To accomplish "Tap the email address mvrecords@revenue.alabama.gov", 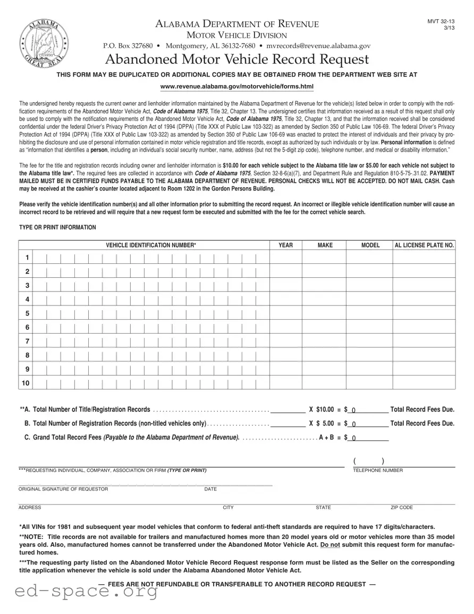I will pyautogui.click(x=318, y=46).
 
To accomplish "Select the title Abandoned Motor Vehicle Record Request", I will pyautogui.click(x=237, y=59).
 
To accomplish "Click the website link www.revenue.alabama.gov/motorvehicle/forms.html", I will pyautogui.click(x=237, y=86).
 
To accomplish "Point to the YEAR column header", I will pyautogui.click(x=286, y=245).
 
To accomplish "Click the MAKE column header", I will pyautogui.click(x=325, y=245).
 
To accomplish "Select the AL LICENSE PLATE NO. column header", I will pyautogui.click(x=424, y=245).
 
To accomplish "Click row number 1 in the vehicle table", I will pyautogui.click(x=27, y=258).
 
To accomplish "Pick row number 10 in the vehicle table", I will pyautogui.click(x=26, y=383).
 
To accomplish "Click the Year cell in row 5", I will pyautogui.click(x=286, y=313).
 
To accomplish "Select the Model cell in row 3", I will pyautogui.click(x=369, y=286).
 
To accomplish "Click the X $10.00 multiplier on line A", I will pyautogui.click(x=322, y=410).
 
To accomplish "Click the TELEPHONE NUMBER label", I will pyautogui.click(x=378, y=470).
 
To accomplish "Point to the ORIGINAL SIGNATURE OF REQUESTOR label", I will pyautogui.click(x=63, y=489).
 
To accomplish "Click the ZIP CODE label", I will pyautogui.click(x=402, y=508).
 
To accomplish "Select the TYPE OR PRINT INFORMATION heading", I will pyautogui.click(x=57, y=227).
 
